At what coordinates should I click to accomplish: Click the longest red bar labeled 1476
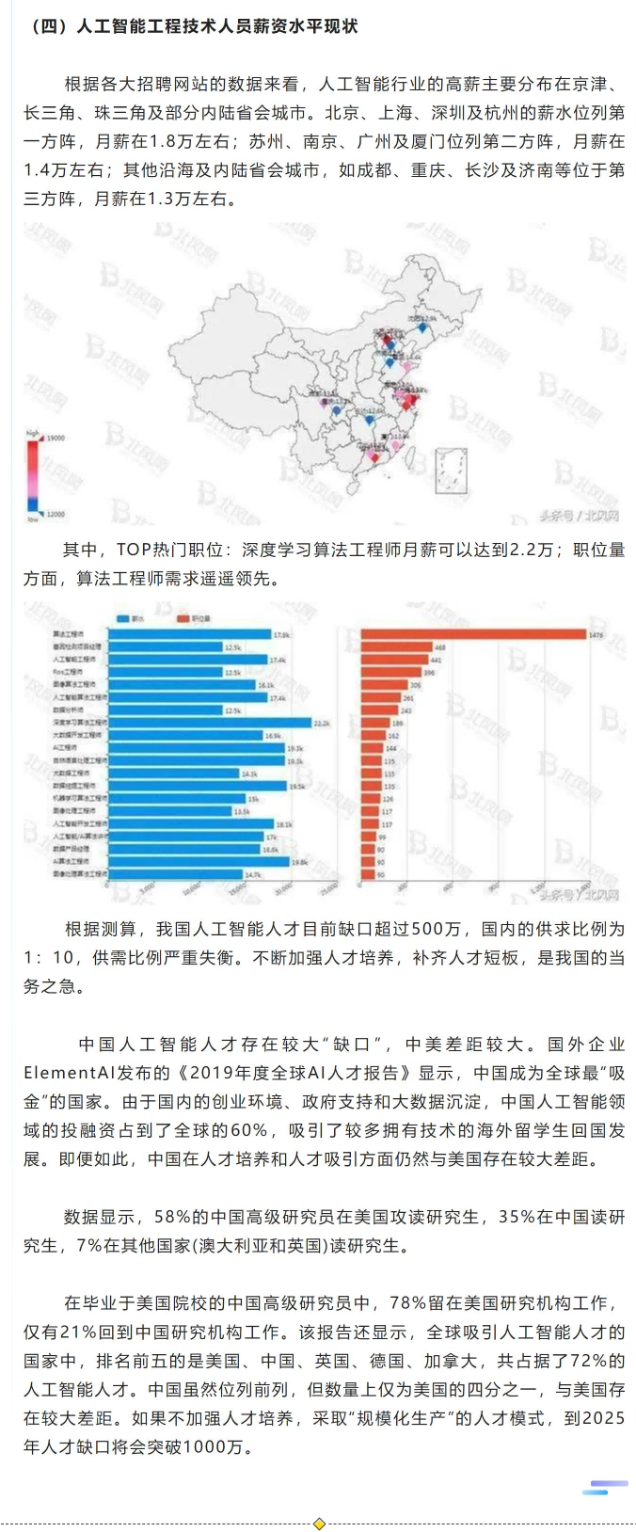pyautogui.click(x=473, y=634)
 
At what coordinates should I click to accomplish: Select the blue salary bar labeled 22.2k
pyautogui.click(x=209, y=723)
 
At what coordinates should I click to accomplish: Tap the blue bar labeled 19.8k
pyautogui.click(x=199, y=861)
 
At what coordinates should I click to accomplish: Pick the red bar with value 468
pyautogui.click(x=396, y=647)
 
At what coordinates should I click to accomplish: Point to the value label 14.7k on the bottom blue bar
pyautogui.click(x=252, y=874)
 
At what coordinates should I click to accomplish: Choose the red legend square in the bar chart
pyautogui.click(x=183, y=618)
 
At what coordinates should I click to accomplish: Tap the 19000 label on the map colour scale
pyautogui.click(x=56, y=439)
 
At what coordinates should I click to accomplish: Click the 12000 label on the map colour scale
pyautogui.click(x=56, y=514)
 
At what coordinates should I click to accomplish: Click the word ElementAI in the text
pyautogui.click(x=67, y=1073)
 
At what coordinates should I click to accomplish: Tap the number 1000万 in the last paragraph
pyautogui.click(x=215, y=1446)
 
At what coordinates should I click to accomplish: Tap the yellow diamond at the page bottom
pyautogui.click(x=319, y=1524)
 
